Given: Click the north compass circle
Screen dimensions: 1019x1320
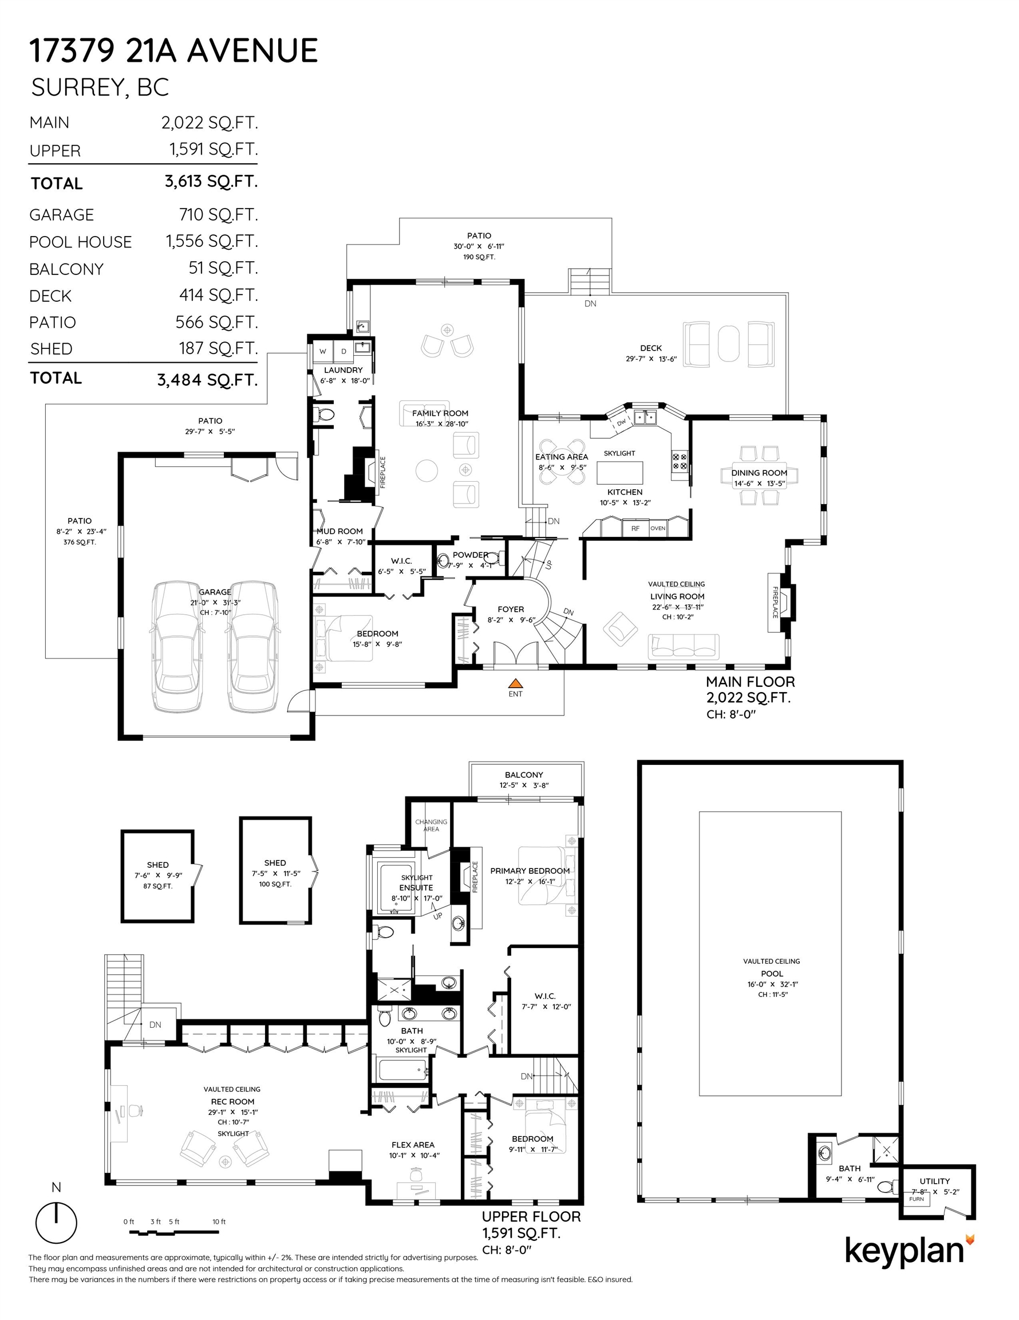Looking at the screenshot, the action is tap(57, 1223).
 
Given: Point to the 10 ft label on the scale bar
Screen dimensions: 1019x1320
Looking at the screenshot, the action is tap(219, 1221).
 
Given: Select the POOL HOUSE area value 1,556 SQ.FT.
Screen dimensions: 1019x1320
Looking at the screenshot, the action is tap(212, 241).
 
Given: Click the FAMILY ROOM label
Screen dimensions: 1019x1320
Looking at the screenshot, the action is tap(440, 414).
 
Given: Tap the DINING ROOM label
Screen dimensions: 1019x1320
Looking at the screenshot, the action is tap(759, 473).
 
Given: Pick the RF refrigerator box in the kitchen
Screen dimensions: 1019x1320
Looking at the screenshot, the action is tap(635, 528).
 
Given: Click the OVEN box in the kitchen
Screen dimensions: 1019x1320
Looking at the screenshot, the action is tap(658, 528).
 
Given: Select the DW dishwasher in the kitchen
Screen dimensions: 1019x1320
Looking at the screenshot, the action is tap(621, 423).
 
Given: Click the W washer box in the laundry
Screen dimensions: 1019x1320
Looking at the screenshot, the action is tap(322, 351).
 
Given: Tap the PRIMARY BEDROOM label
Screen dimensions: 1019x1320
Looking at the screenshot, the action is tap(530, 871).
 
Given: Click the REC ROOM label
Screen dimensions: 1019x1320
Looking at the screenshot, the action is tap(232, 1102).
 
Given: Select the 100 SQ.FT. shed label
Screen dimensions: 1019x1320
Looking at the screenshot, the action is tap(275, 884).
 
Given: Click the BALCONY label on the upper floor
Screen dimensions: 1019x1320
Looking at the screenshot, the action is tap(524, 775).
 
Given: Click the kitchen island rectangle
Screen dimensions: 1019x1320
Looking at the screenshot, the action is tap(620, 472).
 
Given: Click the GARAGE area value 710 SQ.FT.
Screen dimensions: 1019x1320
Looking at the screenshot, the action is tap(219, 215).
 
